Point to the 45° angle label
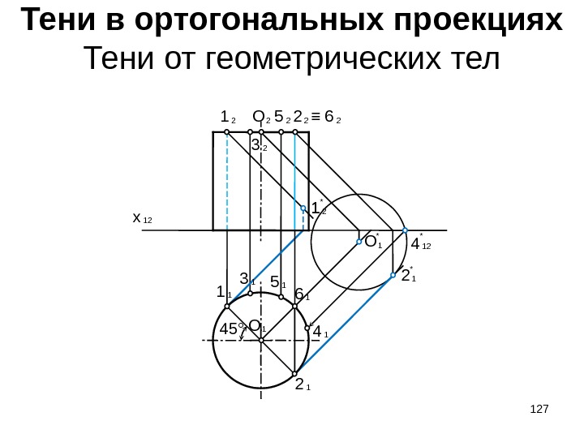coord(233,329)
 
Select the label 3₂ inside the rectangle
coord(260,147)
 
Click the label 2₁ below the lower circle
coord(303,384)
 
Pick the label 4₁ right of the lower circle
coord(320,331)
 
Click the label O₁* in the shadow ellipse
coord(372,242)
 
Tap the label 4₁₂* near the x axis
coord(420,243)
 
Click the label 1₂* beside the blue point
coord(319,208)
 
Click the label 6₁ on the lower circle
coord(302,294)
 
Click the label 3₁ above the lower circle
coord(247,280)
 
